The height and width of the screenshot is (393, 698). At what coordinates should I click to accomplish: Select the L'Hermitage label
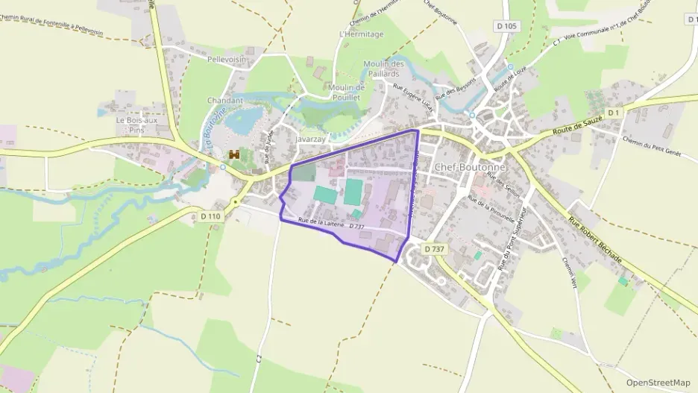pyautogui.click(x=361, y=34)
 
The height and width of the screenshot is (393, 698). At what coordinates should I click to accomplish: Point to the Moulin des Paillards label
pyautogui.click(x=383, y=69)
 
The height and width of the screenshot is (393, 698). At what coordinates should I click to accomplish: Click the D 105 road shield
pyautogui.click(x=506, y=27)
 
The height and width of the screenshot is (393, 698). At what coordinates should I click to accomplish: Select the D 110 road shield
pyautogui.click(x=211, y=216)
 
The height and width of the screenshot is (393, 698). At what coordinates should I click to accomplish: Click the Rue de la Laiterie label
pyautogui.click(x=321, y=222)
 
